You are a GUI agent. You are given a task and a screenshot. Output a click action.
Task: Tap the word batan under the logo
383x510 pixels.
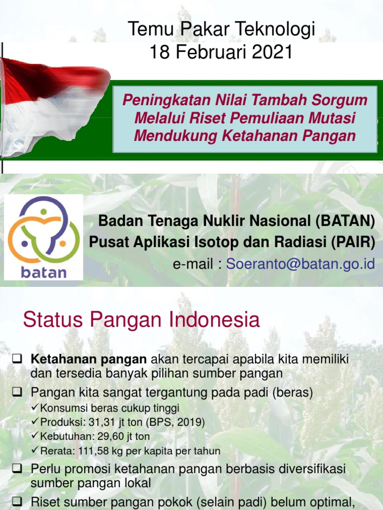click(x=43, y=272)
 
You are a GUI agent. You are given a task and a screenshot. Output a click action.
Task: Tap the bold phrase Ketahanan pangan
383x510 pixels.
click(x=89, y=359)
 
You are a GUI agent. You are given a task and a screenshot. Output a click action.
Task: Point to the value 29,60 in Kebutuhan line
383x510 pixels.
click(x=111, y=437)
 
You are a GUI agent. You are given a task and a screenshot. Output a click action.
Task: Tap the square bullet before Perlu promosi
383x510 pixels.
click(x=18, y=469)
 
